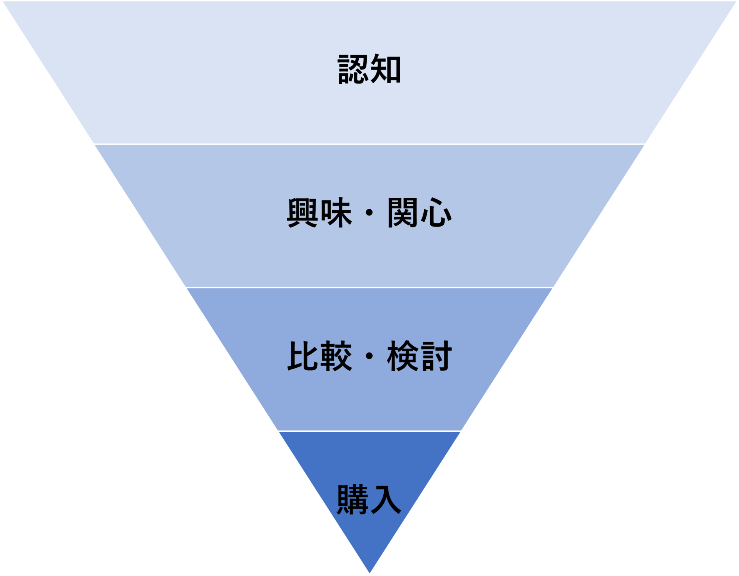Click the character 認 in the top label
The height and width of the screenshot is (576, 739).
click(x=353, y=69)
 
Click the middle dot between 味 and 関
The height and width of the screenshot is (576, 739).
click(x=369, y=213)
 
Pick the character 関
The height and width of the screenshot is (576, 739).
click(x=403, y=212)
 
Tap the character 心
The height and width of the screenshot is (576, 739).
click(x=436, y=212)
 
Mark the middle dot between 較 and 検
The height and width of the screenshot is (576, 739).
click(x=369, y=356)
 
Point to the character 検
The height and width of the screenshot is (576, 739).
click(x=403, y=356)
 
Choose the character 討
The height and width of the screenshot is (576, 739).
click(x=436, y=356)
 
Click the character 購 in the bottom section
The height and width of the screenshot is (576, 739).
click(x=353, y=499)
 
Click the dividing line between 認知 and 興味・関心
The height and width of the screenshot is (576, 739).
click(x=369, y=144)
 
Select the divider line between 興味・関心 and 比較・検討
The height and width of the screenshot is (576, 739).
click(x=369, y=287)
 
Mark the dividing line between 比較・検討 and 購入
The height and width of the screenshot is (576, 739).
click(x=369, y=431)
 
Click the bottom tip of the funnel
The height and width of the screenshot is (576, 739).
click(x=369, y=573)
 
